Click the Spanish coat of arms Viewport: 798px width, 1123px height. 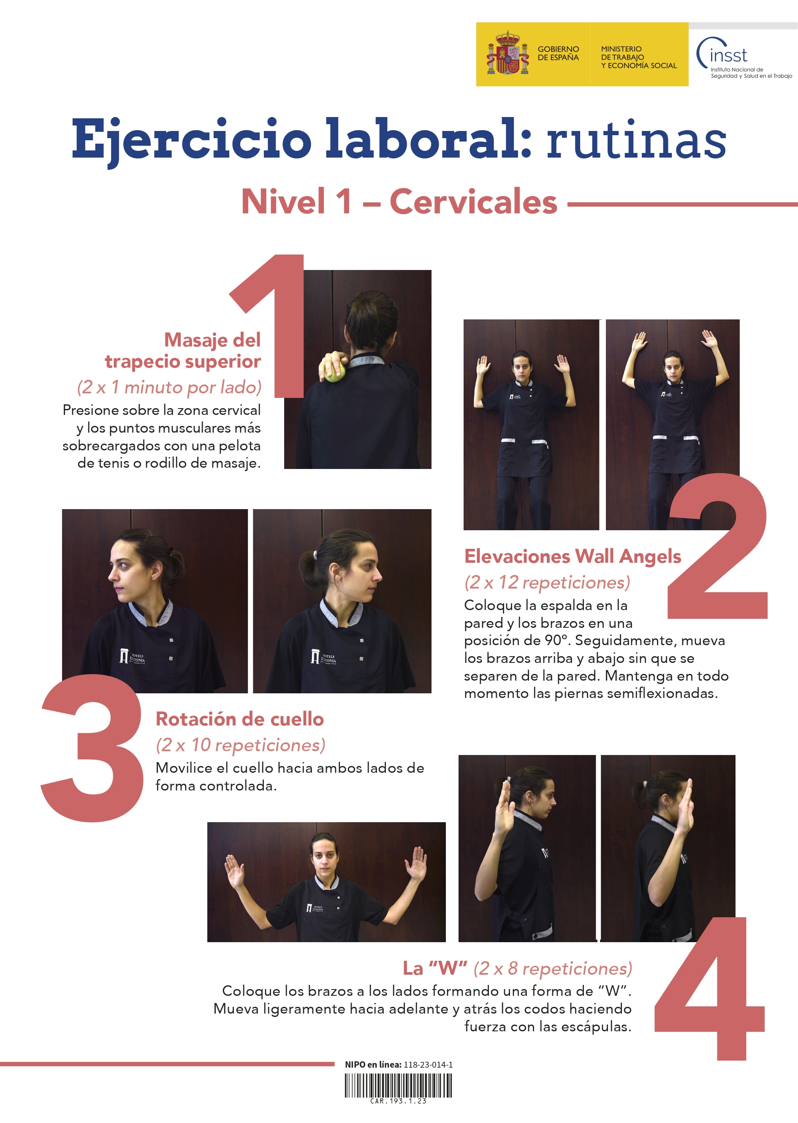508,53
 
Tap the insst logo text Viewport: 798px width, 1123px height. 728,55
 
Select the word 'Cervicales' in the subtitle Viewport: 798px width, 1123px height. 473,202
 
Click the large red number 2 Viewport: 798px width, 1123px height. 717,546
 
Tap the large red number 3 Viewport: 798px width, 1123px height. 92,747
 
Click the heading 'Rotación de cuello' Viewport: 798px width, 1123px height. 240,719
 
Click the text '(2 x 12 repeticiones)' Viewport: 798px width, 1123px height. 547,583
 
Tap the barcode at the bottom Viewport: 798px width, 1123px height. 398,1085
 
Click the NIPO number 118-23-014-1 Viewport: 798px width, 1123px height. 428,1065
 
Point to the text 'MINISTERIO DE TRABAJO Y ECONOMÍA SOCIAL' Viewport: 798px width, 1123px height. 639,57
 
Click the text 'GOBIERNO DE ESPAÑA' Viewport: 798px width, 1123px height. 558,53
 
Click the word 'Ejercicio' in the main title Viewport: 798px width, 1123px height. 192,140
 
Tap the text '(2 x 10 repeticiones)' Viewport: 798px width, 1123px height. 240,745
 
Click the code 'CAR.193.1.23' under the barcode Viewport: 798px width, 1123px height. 398,1101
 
